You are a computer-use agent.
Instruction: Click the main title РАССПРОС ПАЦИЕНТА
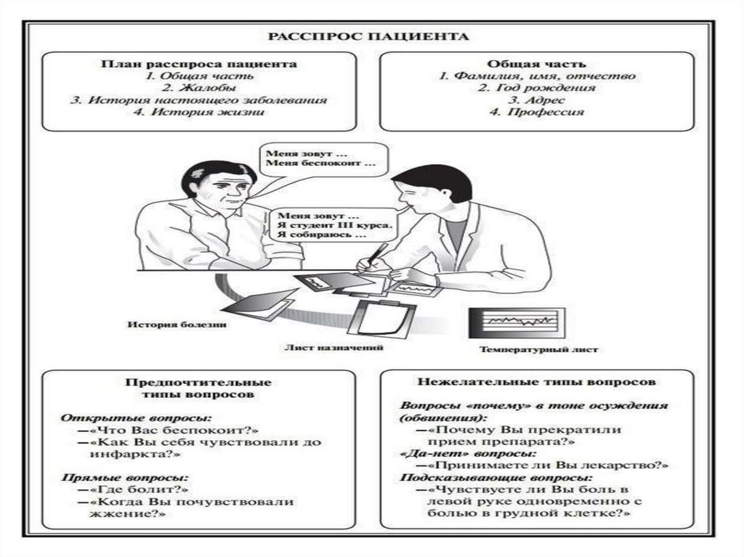pos(368,36)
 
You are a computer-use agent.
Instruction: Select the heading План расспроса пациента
pos(199,64)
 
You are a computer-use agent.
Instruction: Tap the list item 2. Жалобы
pos(199,88)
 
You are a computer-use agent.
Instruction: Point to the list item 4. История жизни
pos(199,113)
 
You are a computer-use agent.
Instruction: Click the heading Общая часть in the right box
pos(537,64)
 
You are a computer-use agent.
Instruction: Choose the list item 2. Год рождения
pos(537,88)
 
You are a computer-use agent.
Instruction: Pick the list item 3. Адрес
pos(537,100)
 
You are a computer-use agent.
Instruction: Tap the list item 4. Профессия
pos(537,113)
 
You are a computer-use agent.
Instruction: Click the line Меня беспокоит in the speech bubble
pos(320,163)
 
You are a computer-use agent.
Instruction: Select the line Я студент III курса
pos(335,225)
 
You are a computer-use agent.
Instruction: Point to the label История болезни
pos(177,325)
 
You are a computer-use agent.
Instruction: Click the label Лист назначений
pos(333,347)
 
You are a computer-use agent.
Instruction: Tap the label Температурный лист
pos(538,349)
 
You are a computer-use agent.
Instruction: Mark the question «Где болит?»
pos(133,489)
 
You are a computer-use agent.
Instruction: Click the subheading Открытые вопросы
pos(136,418)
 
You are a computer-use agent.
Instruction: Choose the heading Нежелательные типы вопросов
pos(537,382)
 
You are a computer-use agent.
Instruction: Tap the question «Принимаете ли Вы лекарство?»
pos(543,465)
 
